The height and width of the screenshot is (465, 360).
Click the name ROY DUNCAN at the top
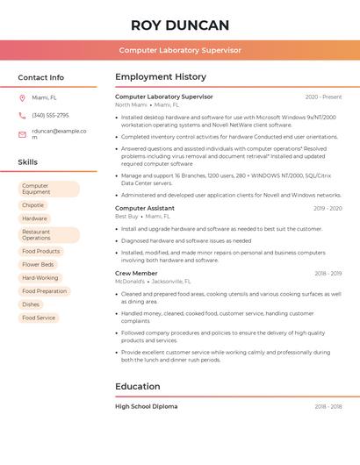pyautogui.click(x=180, y=25)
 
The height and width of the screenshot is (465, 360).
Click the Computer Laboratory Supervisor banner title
pyautogui.click(x=180, y=50)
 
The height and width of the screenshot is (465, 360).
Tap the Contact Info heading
pyautogui.click(x=41, y=77)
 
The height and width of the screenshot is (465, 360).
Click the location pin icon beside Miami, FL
pyautogui.click(x=22, y=97)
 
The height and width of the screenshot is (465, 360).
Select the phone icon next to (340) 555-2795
pyautogui.click(x=22, y=115)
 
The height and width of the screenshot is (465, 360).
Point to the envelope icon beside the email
pyautogui.click(x=22, y=134)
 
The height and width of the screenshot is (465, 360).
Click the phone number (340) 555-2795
pyautogui.click(x=50, y=115)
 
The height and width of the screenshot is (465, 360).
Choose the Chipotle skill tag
pyautogui.click(x=32, y=205)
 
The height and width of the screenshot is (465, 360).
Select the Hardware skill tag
pyautogui.click(x=35, y=218)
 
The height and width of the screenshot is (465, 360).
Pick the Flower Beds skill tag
pyautogui.click(x=38, y=264)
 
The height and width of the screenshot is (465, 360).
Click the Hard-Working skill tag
pyautogui.click(x=40, y=277)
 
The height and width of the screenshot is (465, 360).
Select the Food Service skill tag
pyautogui.click(x=39, y=318)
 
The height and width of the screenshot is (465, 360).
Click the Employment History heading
pyautogui.click(x=161, y=77)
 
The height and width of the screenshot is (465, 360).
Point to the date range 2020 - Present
pyautogui.click(x=323, y=97)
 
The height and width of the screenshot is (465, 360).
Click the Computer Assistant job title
pyautogui.click(x=145, y=208)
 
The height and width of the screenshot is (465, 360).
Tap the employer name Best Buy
pyautogui.click(x=126, y=216)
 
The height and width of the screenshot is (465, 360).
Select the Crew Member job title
pyautogui.click(x=136, y=273)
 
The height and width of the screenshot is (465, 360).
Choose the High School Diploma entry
pyautogui.click(x=146, y=406)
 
